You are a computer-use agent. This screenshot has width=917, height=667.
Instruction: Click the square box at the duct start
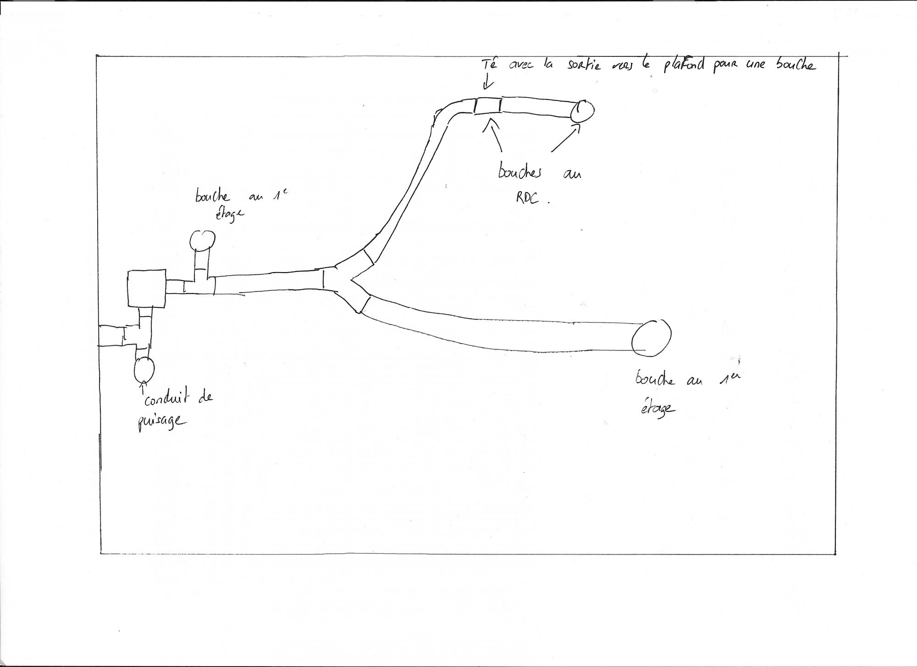coord(146,288)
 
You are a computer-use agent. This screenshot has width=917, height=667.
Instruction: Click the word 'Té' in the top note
coord(490,65)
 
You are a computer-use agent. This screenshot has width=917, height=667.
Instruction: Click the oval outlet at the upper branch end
coord(582,111)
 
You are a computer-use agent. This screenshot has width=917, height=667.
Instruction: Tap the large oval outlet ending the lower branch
coord(651,337)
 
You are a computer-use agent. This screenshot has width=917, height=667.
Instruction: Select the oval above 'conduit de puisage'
coord(144,369)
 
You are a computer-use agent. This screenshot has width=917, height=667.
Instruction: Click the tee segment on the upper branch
coord(487,106)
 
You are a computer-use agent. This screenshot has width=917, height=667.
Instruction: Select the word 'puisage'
coord(161,422)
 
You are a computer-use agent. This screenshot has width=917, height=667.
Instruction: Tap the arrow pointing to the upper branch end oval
coord(565,139)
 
